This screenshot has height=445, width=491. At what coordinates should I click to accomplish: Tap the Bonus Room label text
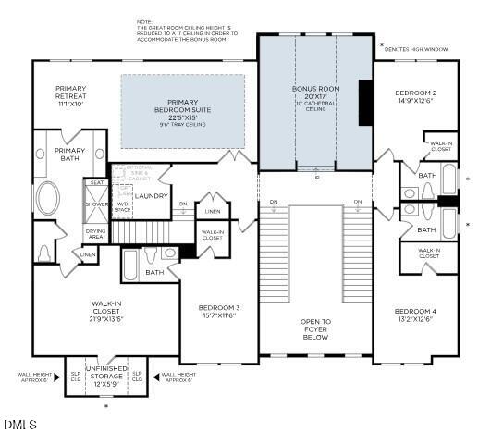pyautogui.click(x=316, y=93)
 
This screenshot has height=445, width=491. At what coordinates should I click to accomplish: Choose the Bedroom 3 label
pyautogui.click(x=219, y=312)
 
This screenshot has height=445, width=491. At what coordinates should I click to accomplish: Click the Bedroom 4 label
pyautogui.click(x=415, y=315)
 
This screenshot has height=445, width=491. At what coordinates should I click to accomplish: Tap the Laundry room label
pyautogui.click(x=151, y=195)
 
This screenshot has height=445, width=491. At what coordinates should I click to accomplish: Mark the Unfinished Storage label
pyautogui.click(x=106, y=377)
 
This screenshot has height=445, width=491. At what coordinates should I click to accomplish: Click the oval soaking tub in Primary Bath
pyautogui.click(x=47, y=198)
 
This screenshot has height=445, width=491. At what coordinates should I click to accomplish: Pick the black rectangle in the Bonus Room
pyautogui.click(x=365, y=102)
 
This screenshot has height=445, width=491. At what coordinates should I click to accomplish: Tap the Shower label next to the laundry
pyautogui.click(x=95, y=204)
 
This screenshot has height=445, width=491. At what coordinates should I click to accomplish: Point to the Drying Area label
pyautogui.click(x=96, y=233)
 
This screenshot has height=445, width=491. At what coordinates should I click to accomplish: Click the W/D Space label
pyautogui.click(x=122, y=206)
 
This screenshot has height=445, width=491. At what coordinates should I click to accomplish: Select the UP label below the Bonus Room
pyautogui.click(x=314, y=177)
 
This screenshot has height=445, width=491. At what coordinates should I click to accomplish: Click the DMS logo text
pyautogui.click(x=19, y=425)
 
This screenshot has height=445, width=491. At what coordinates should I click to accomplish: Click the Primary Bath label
pyautogui.click(x=69, y=155)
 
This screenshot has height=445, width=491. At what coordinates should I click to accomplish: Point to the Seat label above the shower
pyautogui.click(x=95, y=182)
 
